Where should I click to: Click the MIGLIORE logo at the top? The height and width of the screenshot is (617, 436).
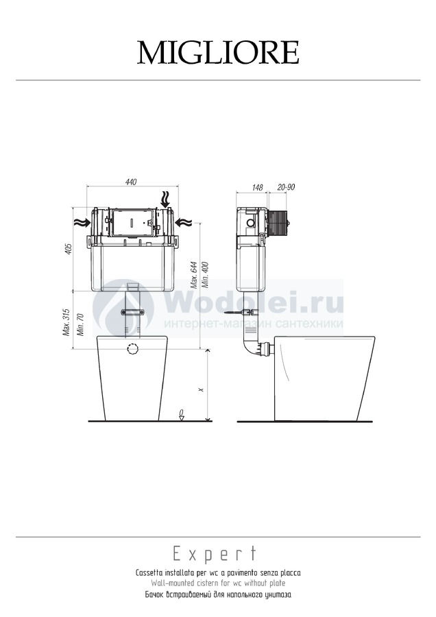tap(218, 52)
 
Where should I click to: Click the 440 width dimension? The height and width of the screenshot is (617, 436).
tap(131, 182)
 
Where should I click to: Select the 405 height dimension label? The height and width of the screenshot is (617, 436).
tap(69, 249)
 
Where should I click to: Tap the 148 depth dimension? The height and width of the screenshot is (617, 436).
tap(257, 187)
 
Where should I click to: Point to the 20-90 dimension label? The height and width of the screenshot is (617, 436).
tap(286, 187)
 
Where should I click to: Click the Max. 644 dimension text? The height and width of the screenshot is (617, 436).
tap(194, 275)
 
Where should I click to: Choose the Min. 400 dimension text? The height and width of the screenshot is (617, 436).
tap(205, 275)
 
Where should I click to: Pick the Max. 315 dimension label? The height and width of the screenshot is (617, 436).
tap(66, 322)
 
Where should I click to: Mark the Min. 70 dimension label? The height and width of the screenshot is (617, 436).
tap(80, 324)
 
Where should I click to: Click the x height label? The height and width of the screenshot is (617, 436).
tap(201, 389)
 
